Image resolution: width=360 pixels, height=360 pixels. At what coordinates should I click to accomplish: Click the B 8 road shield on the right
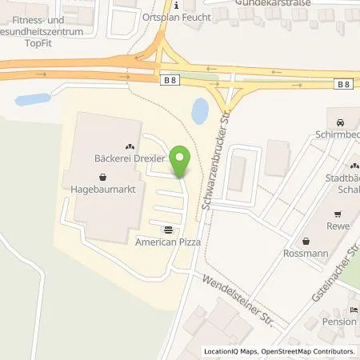pos(342,84)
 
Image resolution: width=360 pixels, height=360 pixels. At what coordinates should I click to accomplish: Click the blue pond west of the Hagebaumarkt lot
pos(33,100)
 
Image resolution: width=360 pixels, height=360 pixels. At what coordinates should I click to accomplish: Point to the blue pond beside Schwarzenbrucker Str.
pos(200,112)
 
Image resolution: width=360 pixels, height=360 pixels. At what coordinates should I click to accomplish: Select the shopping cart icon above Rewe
pos(338,214)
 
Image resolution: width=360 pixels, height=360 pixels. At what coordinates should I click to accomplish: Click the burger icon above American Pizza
pos(166,227)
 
